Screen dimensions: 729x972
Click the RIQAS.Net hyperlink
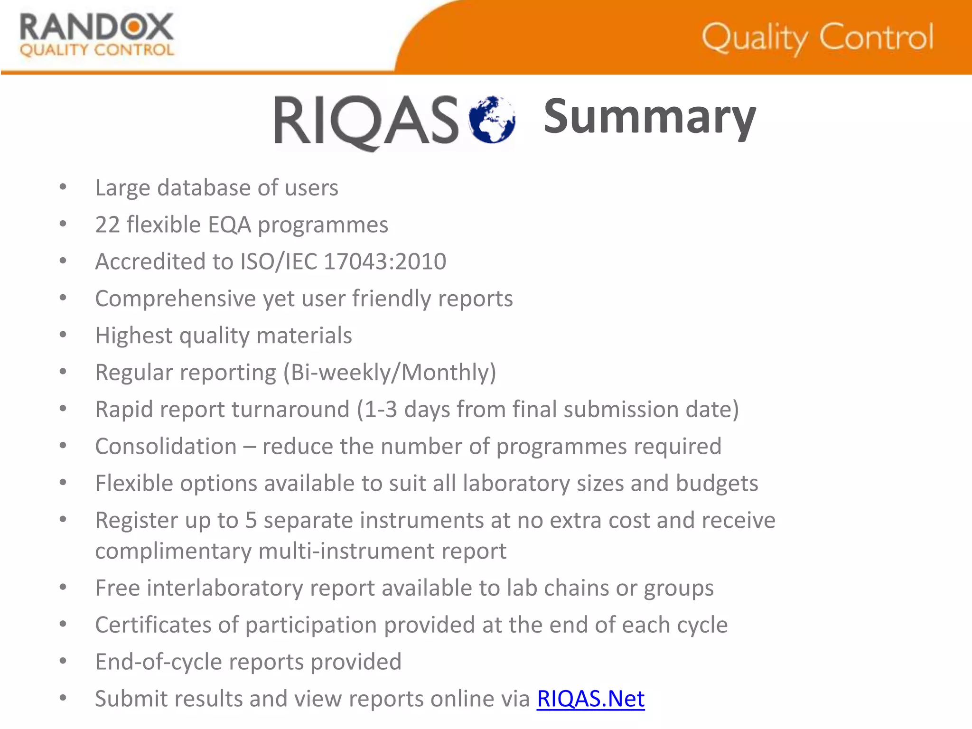point(590,699)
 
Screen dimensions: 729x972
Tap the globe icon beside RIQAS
point(492,119)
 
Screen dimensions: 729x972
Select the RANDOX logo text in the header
point(97,28)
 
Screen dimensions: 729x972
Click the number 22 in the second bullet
point(107,225)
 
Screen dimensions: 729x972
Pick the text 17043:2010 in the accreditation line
point(385,262)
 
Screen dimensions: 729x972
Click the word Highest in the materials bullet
point(133,336)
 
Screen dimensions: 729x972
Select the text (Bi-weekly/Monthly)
point(390,373)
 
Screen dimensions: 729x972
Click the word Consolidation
point(166,447)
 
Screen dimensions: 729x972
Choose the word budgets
point(717,484)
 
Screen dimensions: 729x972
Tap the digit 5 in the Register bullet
point(251,521)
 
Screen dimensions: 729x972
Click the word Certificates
point(153,625)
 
